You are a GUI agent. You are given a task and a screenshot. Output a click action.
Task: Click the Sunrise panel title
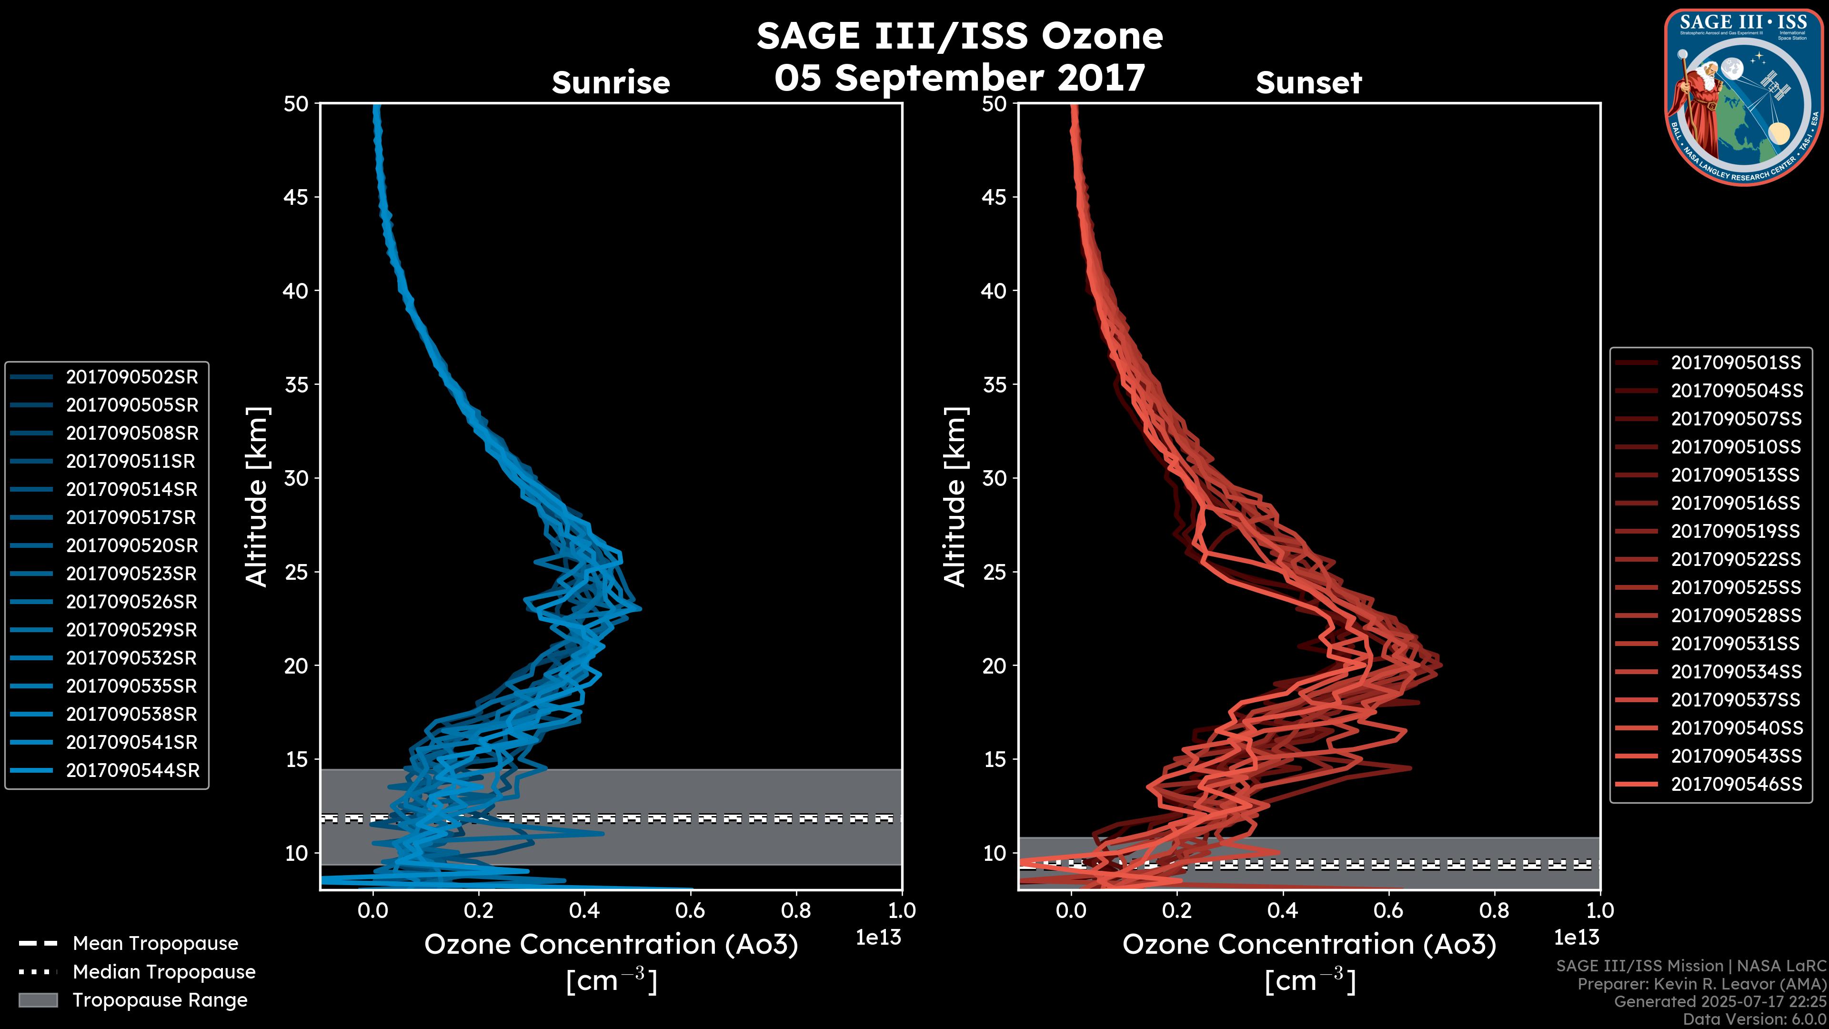611,83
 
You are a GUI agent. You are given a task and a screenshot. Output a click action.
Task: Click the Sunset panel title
1308,83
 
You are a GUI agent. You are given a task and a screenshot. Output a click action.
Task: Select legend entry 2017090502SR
132,377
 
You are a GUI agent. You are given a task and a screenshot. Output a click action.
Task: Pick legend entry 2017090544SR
133,770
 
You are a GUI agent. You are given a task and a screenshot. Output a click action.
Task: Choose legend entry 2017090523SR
132,574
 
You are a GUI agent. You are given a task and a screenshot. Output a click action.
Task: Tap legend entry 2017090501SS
1736,363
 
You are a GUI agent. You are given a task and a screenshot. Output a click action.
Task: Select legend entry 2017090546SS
1736,784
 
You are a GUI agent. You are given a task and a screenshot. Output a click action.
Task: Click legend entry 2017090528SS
1736,615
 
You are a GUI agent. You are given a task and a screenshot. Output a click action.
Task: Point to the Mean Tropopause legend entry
155,944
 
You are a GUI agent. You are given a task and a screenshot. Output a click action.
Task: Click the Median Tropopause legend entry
163,972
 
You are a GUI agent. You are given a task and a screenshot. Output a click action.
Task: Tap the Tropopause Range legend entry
160,1000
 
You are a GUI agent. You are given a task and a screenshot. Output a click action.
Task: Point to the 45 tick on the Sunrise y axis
296,197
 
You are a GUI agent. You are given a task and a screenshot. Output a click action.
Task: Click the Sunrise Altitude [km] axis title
257,497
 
